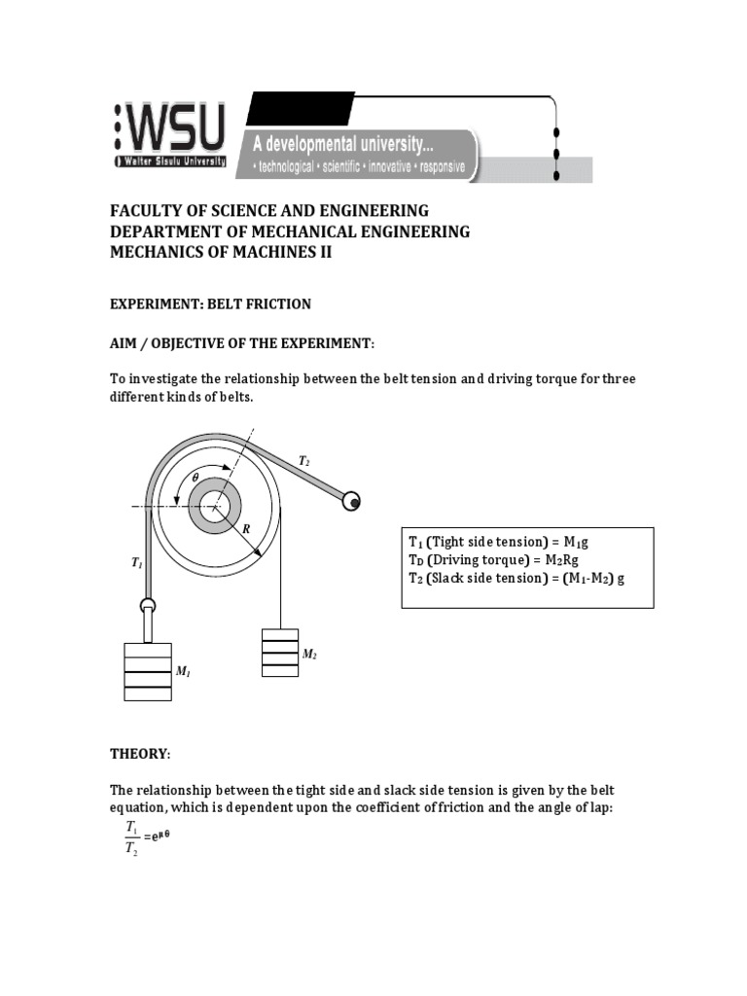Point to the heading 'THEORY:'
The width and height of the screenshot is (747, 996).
pyautogui.click(x=139, y=754)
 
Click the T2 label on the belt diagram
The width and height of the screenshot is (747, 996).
pyautogui.click(x=303, y=460)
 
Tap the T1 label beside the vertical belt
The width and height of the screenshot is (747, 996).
pyautogui.click(x=136, y=562)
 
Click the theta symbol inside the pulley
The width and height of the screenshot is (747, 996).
pyautogui.click(x=195, y=478)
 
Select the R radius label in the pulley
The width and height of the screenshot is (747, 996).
pyautogui.click(x=247, y=528)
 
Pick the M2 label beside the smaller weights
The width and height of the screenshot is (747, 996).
pyautogui.click(x=309, y=655)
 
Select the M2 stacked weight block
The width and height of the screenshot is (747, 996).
pyautogui.click(x=279, y=653)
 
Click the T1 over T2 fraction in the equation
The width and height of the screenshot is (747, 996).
pyautogui.click(x=131, y=838)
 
